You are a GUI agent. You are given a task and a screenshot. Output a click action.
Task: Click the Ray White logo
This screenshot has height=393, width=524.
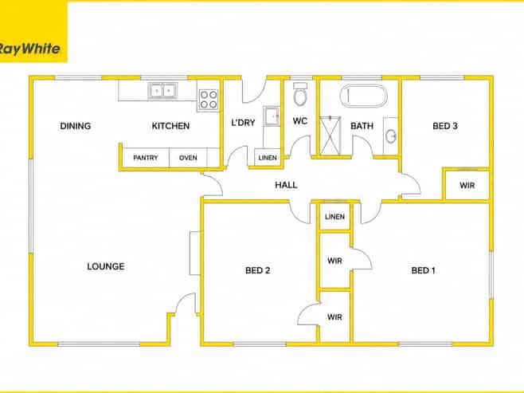coord(29,49)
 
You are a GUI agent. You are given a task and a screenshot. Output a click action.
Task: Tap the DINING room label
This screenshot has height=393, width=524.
coord(76,126)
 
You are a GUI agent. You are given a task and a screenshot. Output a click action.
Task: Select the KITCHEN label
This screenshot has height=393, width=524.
coord(170,126)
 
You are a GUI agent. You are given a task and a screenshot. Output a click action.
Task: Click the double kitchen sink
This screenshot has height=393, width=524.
coord(162,91)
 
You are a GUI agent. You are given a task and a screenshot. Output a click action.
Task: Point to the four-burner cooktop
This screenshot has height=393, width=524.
coord(209,100)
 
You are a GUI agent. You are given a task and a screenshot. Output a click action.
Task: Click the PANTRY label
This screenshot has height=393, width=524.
coord(146,158)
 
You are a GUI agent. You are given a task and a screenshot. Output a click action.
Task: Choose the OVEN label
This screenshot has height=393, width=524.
coord(188,158)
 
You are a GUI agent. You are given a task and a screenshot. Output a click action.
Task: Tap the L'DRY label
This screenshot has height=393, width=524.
coord(244,123)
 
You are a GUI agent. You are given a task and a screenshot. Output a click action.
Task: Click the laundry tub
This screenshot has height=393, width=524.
coord(272,116)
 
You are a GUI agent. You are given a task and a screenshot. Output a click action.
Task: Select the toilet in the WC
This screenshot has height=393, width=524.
coord(300,94)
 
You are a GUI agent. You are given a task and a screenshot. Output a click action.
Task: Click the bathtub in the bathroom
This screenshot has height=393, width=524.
coord(364,96)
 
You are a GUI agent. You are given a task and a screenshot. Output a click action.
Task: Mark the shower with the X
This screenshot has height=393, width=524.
coord(330,136)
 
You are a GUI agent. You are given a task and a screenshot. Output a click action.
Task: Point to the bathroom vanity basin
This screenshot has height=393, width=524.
coord(391,136)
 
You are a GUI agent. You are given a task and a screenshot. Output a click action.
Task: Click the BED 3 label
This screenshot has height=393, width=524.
coord(445,126)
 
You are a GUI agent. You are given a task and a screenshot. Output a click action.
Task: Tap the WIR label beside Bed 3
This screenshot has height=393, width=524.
coord(467,185)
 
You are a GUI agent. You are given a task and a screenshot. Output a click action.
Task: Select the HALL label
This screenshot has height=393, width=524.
coord(287,185)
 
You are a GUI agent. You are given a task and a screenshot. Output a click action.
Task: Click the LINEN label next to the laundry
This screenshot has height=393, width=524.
coord(268,158)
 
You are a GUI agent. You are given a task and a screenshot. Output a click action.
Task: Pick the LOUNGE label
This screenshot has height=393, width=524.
coord(106,266)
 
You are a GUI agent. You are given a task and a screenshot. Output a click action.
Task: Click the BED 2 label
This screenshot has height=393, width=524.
coord(258,270)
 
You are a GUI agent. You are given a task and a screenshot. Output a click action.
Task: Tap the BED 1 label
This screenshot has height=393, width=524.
coord(424,270)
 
